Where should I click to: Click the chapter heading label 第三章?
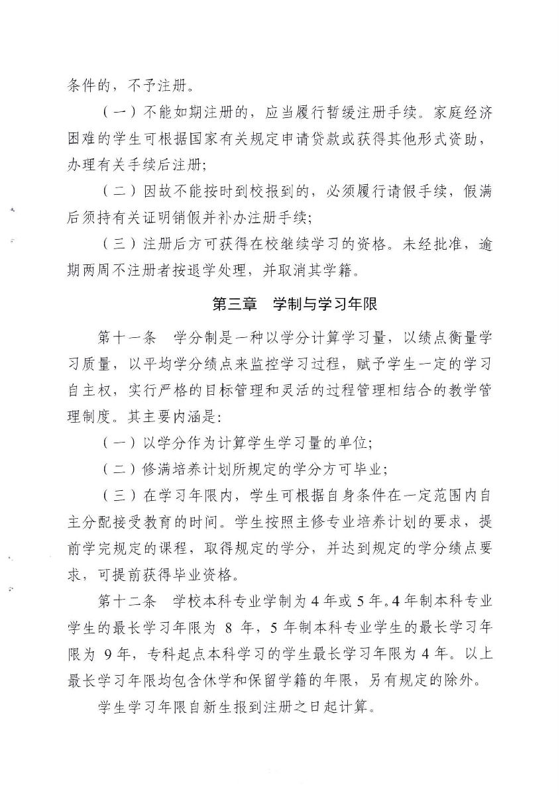click(233, 303)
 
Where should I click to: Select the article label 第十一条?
click(127, 338)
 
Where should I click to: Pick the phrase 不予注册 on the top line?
click(156, 85)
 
